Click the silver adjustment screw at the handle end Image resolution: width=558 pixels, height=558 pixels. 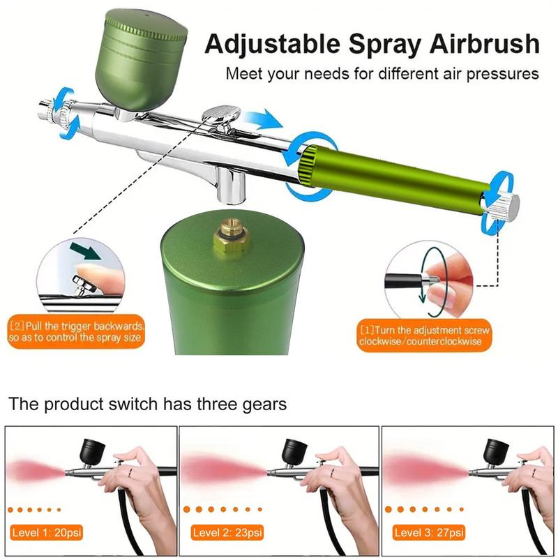[508, 204]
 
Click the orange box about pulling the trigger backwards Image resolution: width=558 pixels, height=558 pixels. [77, 332]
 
